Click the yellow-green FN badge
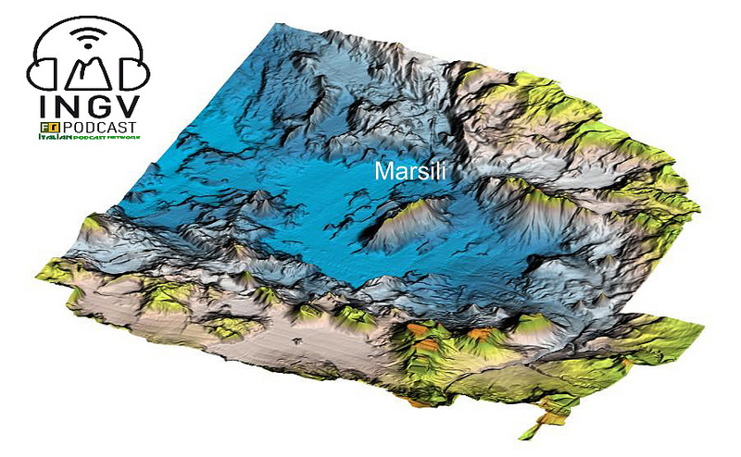48,126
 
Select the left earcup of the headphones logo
44,72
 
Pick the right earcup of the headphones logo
135,72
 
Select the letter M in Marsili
381,171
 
